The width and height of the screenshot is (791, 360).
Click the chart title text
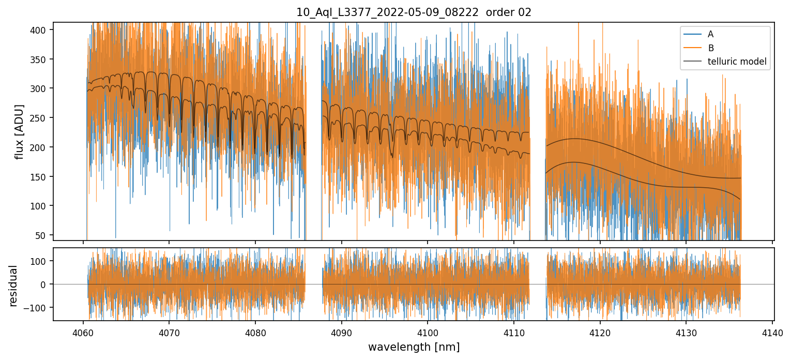click(x=414, y=12)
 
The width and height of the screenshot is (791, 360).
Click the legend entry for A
click(x=711, y=34)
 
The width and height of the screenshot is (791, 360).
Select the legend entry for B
click(x=711, y=48)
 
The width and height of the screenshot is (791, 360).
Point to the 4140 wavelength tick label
click(x=772, y=332)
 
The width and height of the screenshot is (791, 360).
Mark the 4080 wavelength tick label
click(x=255, y=332)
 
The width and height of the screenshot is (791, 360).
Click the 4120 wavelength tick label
click(x=600, y=332)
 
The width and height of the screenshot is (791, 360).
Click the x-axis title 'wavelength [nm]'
click(x=414, y=347)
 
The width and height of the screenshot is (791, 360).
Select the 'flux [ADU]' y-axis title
click(x=19, y=131)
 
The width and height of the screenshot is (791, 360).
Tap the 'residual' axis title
click(x=13, y=286)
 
